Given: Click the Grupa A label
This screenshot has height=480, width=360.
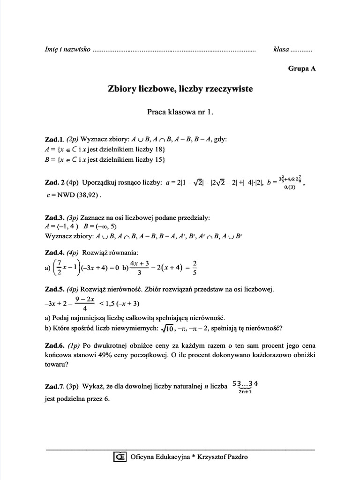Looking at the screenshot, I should click(302, 68).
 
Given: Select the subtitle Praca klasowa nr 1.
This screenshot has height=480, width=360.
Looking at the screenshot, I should click(180, 112).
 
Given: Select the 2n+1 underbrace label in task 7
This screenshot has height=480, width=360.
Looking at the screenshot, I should click(245, 392).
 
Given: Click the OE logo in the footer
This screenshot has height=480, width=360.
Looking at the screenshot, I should click(120, 457).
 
